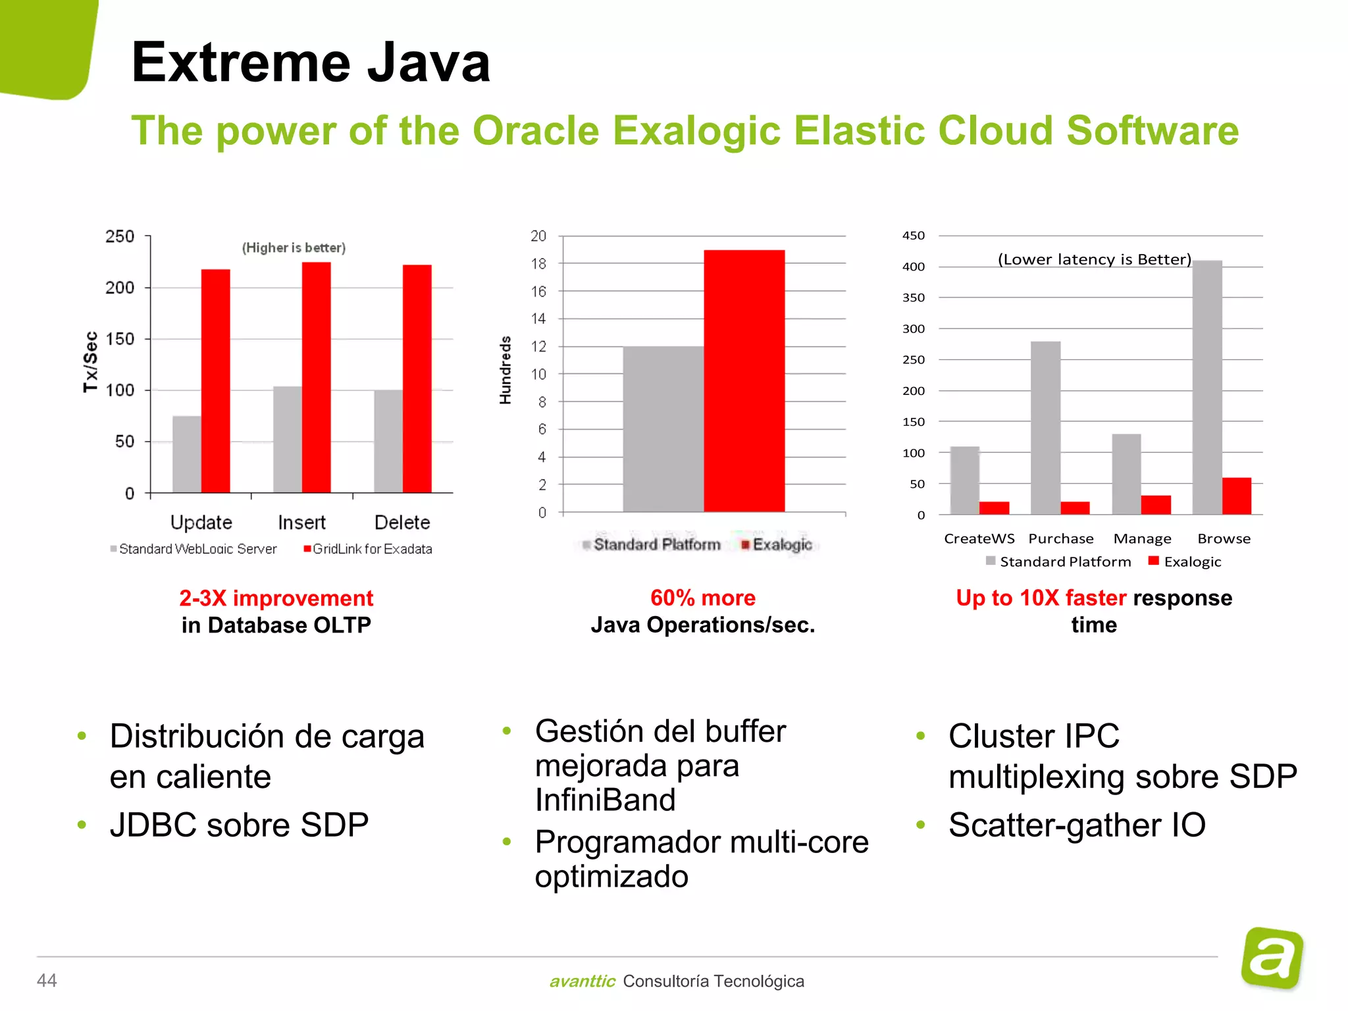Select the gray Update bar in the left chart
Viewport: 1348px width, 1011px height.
point(187,454)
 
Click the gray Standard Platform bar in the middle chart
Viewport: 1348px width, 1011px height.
point(663,429)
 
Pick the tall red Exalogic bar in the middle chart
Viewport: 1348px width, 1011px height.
point(744,380)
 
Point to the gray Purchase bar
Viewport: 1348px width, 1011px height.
point(1046,428)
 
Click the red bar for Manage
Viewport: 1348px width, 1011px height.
point(1156,505)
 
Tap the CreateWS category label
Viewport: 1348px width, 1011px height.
point(979,539)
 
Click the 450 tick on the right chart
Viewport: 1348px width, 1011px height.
point(914,236)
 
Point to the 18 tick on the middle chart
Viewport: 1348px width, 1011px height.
point(538,264)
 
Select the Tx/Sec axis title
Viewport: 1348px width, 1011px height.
point(91,362)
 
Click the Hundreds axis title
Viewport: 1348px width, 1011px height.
point(505,370)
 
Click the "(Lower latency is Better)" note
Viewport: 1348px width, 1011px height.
point(1095,259)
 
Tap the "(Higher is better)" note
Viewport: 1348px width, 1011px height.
point(294,248)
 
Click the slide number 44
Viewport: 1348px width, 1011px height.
point(47,981)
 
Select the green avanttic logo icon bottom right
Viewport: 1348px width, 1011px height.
point(1272,958)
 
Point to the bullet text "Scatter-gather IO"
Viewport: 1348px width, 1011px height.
point(1077,825)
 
